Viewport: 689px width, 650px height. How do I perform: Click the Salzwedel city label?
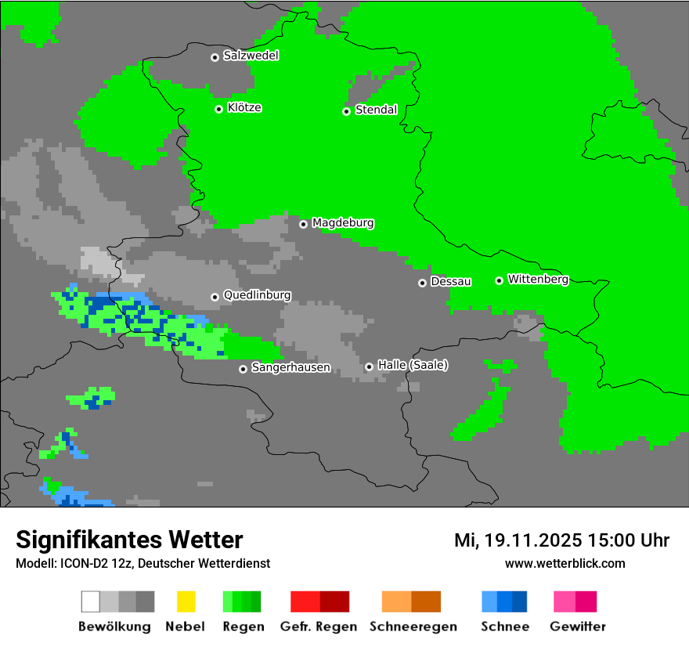251,56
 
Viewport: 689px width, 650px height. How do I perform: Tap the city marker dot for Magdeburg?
303,224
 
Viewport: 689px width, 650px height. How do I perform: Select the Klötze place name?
244,108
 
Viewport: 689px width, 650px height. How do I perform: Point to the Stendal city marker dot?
346,111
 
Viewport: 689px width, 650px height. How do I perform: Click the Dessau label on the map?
451,282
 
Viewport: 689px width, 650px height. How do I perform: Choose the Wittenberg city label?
538,280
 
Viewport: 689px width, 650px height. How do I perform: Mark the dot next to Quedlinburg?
215,297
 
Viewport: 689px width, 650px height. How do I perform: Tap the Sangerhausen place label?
290,367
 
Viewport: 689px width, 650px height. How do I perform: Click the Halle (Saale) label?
413,366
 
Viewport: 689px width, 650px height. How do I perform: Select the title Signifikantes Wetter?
129,540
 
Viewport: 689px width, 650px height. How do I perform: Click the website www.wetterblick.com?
565,564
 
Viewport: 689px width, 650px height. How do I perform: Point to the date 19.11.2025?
532,540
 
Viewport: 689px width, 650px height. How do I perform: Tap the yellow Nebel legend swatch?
186,601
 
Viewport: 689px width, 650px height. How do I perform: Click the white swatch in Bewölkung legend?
91,601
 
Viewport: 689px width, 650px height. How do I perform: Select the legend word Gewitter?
577,627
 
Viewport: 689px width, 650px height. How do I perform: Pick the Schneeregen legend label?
413,627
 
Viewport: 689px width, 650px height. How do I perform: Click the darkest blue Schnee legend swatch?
520,601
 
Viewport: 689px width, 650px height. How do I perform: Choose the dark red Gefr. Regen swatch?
334,601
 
